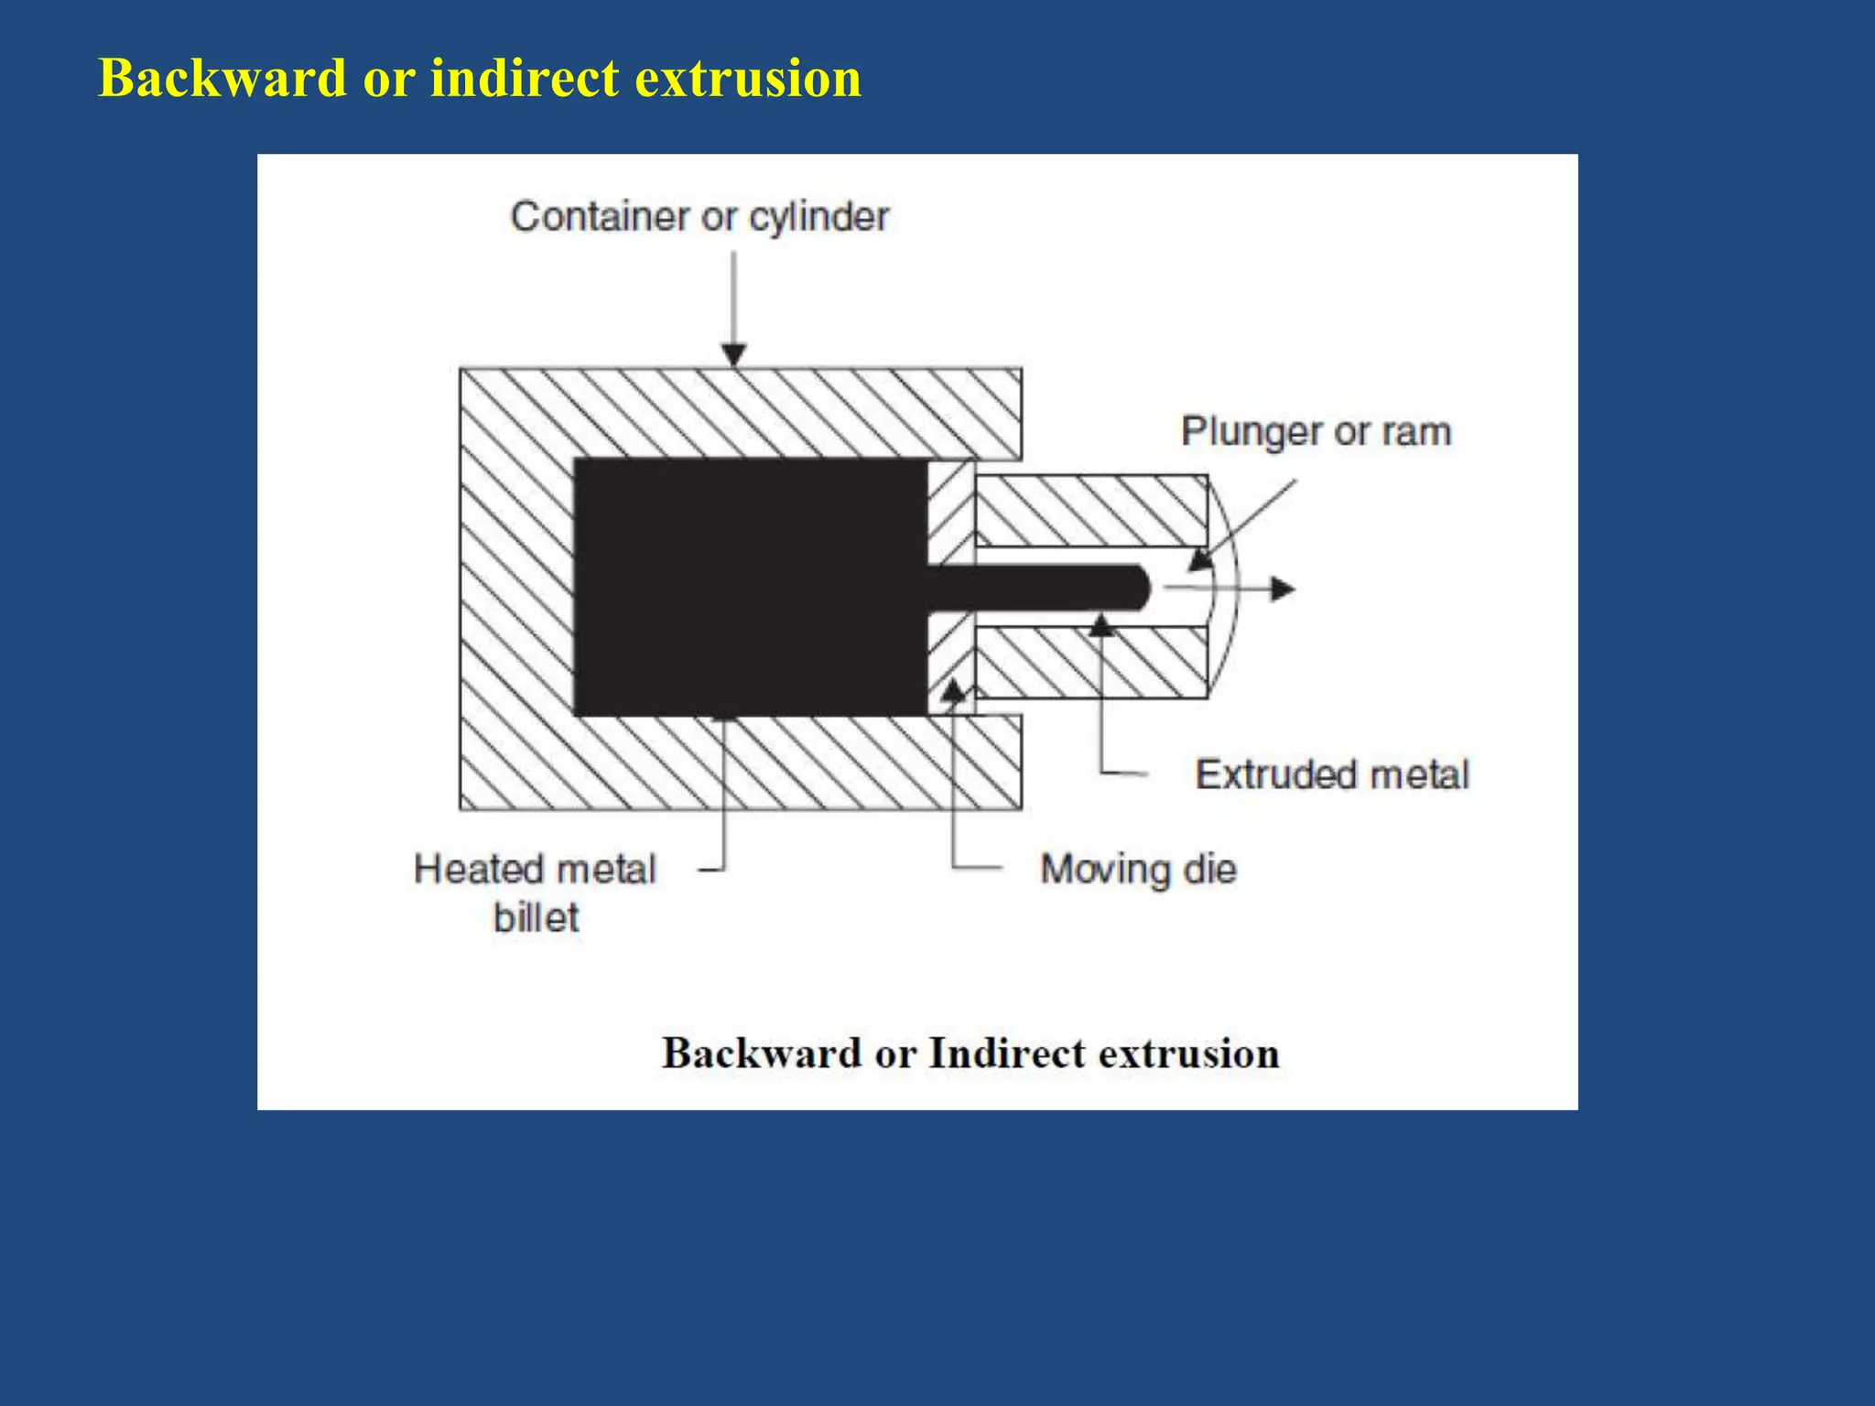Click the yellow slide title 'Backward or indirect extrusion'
pyautogui.click(x=480, y=77)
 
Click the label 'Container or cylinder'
pyautogui.click(x=699, y=217)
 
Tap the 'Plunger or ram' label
pyautogui.click(x=1316, y=431)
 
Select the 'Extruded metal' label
pyautogui.click(x=1332, y=774)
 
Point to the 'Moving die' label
pyautogui.click(x=1138, y=869)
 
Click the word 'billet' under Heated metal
pyautogui.click(x=536, y=917)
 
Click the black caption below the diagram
pyautogui.click(x=970, y=1053)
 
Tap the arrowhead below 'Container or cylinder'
pyautogui.click(x=734, y=353)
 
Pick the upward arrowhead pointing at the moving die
pyautogui.click(x=953, y=690)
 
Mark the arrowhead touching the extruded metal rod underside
pyautogui.click(x=1101, y=626)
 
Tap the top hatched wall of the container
pyautogui.click(x=740, y=413)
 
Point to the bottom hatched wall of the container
pyautogui.click(x=740, y=763)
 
